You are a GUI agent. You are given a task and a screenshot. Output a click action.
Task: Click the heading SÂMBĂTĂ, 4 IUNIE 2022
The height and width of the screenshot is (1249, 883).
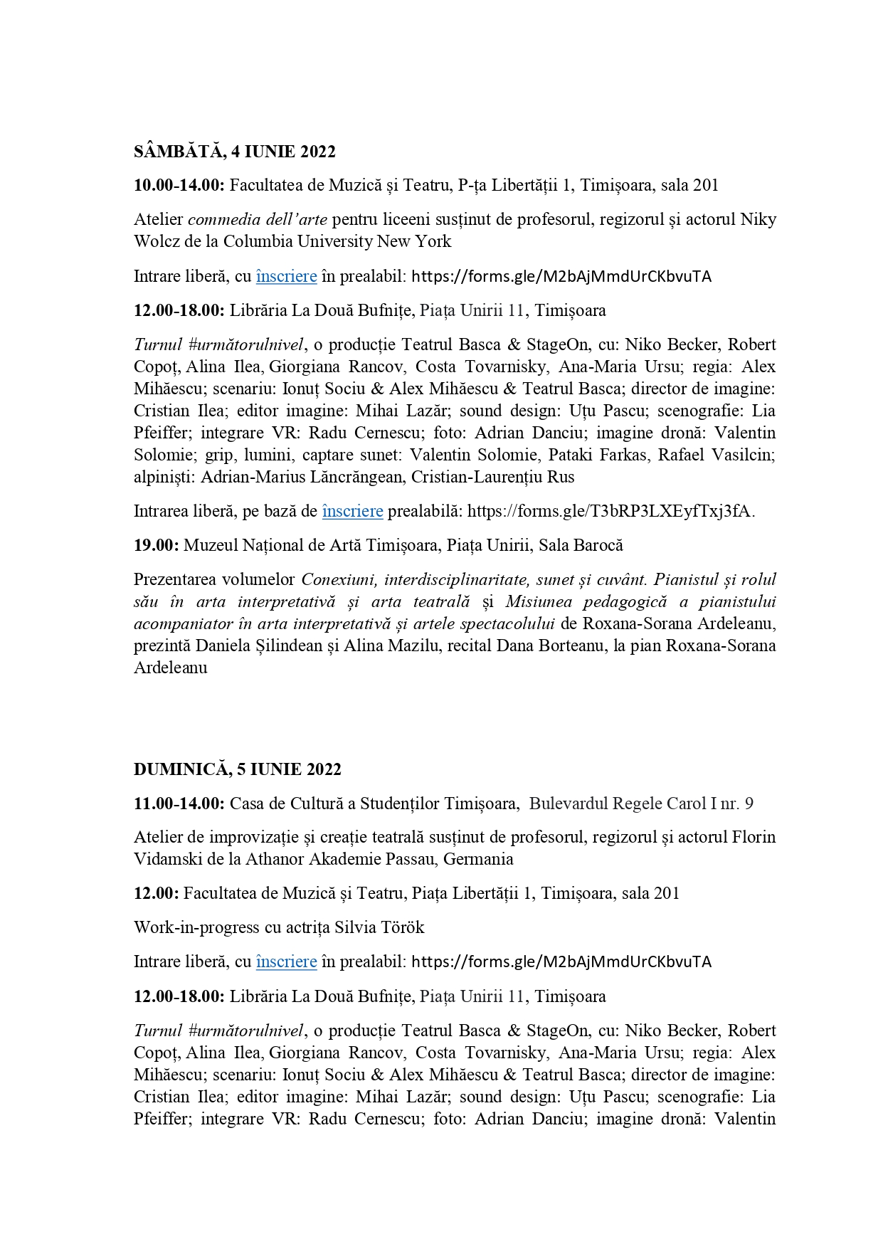[235, 152]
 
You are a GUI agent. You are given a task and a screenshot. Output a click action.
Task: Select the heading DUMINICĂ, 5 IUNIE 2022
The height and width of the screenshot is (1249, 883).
[238, 769]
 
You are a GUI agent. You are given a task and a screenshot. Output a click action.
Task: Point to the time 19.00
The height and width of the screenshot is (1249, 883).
[157, 546]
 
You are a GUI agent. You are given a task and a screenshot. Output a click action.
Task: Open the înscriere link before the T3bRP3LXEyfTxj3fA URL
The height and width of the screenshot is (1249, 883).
[352, 512]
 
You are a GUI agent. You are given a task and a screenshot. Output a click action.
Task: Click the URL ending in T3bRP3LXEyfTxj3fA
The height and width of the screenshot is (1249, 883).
[610, 512]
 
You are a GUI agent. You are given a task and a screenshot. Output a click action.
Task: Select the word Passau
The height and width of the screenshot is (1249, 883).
[410, 859]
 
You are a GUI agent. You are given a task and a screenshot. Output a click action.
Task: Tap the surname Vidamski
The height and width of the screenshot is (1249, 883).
[168, 859]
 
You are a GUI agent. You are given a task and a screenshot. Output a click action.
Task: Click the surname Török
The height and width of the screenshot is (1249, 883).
[403, 928]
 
